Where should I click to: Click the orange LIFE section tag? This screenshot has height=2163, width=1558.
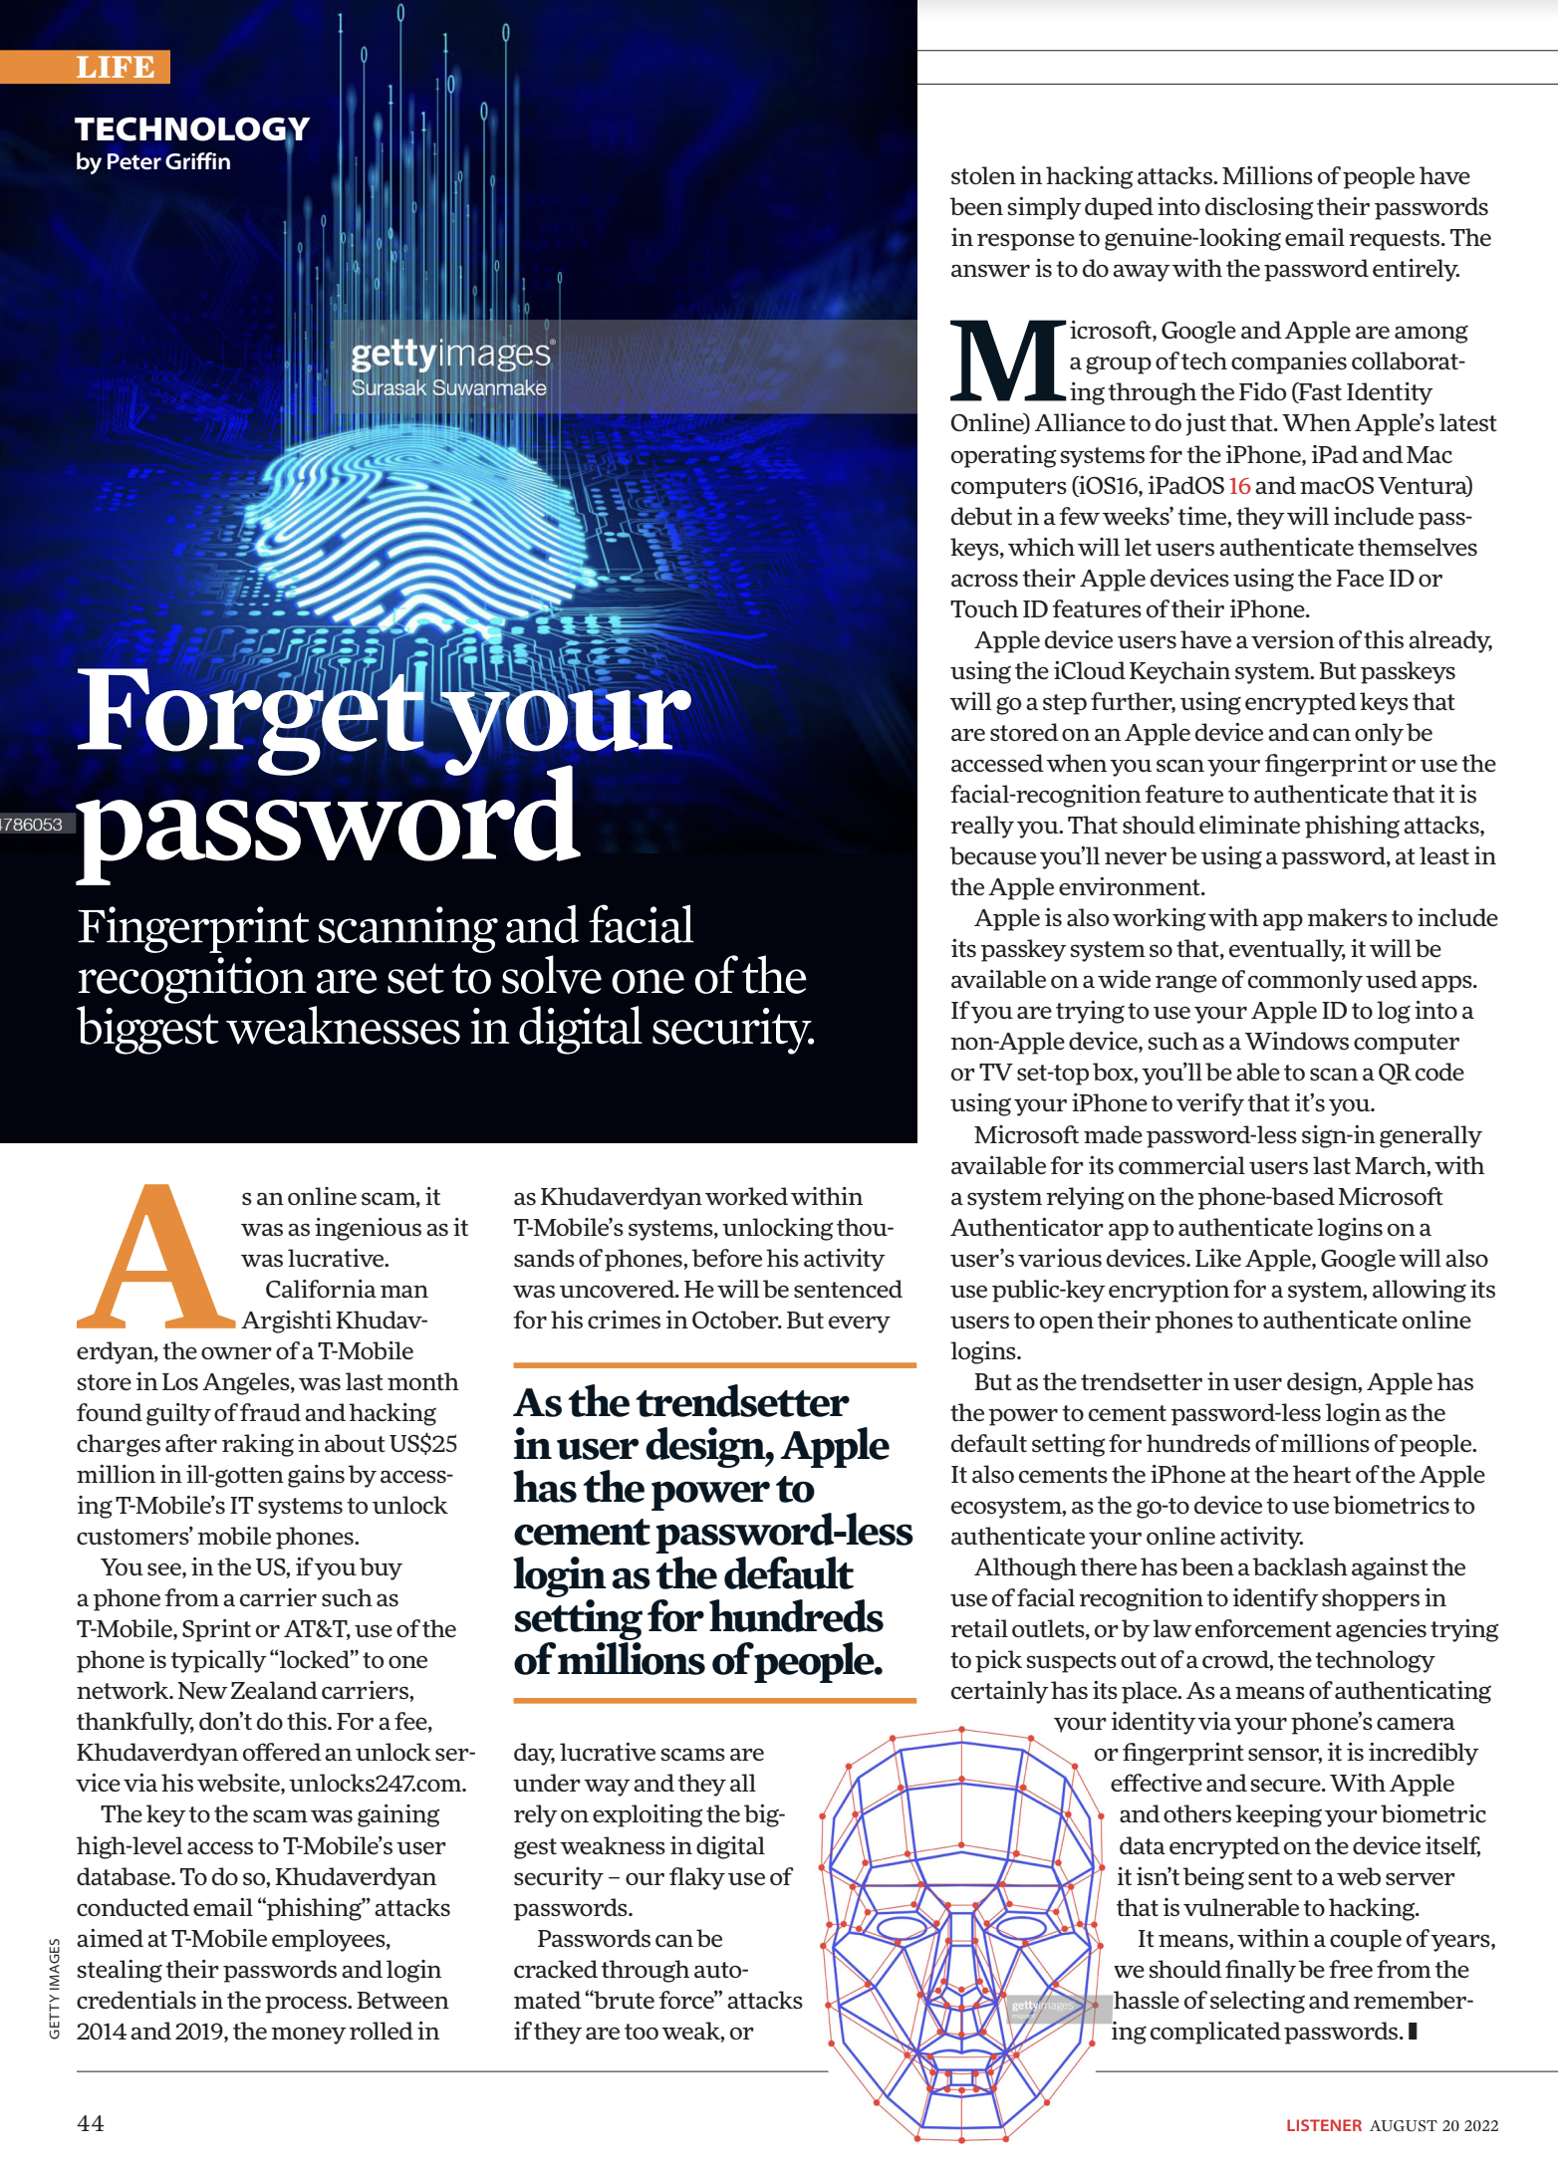pyautogui.click(x=115, y=67)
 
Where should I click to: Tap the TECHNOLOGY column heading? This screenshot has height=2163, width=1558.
pyautogui.click(x=192, y=128)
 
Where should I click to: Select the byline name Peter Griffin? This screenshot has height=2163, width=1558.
pyautogui.click(x=167, y=161)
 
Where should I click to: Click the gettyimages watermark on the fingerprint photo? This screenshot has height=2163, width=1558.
pyautogui.click(x=452, y=354)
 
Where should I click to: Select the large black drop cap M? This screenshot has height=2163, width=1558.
pyautogui.click(x=1007, y=360)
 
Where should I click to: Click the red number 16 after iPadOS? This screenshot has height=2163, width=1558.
pyautogui.click(x=1239, y=486)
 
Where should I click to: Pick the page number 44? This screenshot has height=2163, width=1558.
pyautogui.click(x=91, y=2123)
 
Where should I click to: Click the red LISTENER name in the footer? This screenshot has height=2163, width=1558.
pyautogui.click(x=1323, y=2125)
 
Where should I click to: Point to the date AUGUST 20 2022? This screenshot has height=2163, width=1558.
pyautogui.click(x=1433, y=2125)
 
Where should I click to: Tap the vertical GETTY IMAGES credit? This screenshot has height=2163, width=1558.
pyautogui.click(x=55, y=1988)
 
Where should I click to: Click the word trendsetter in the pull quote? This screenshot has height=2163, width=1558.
pyautogui.click(x=742, y=1402)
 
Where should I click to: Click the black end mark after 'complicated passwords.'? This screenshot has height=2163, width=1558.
pyautogui.click(x=1413, y=2030)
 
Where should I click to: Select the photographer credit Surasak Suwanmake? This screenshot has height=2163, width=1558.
pyautogui.click(x=448, y=387)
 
